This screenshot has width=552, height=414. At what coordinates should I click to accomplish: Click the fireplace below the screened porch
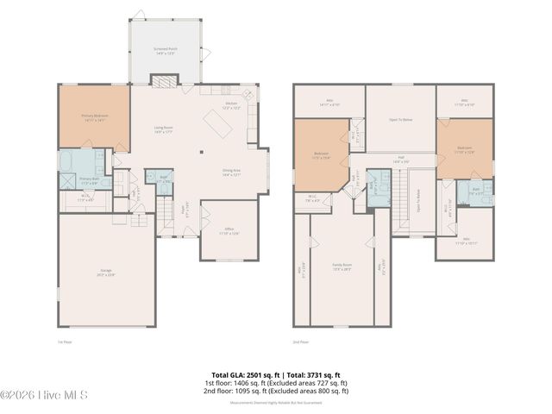coord(163,82)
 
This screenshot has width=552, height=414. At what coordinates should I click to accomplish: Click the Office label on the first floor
coord(228,230)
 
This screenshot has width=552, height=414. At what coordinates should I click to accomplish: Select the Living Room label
coord(163,130)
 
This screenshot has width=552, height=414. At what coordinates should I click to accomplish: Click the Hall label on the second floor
coord(400,160)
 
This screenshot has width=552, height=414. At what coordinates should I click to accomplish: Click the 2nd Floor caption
coord(301,342)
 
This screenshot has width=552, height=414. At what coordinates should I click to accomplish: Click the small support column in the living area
coord(201,153)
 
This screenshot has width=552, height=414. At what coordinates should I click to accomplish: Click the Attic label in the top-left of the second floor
coord(329,102)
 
